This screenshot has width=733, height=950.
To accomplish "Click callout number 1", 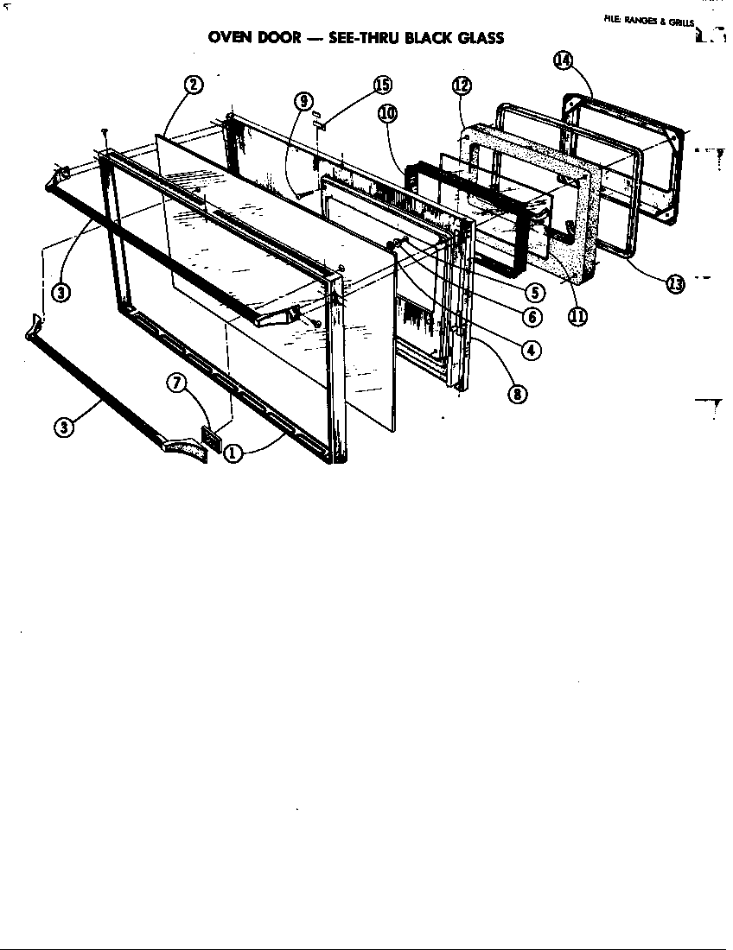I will point(233,452).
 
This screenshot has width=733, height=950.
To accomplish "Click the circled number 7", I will point(178,384).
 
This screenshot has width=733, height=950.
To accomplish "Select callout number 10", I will point(386,113).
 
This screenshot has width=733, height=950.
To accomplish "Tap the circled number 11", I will point(577,316).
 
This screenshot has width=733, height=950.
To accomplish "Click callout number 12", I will point(461,85).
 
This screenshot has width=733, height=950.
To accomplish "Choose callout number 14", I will point(563,60).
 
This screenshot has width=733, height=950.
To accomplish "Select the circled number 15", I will point(381,85).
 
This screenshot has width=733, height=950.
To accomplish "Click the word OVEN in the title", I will point(233,38).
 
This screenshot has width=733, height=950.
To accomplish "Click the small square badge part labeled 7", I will point(211,438).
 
